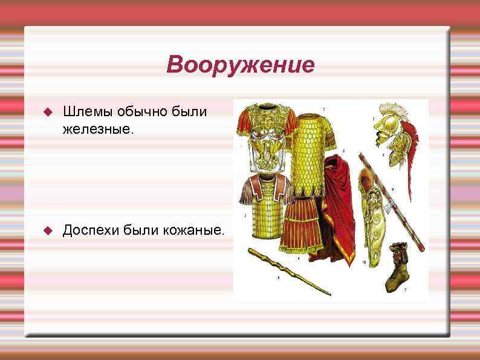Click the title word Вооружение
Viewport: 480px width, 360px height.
point(240,64)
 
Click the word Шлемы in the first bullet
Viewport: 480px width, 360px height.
point(83,112)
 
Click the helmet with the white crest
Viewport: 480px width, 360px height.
point(387,133)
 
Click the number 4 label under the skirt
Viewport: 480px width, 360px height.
point(299,257)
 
